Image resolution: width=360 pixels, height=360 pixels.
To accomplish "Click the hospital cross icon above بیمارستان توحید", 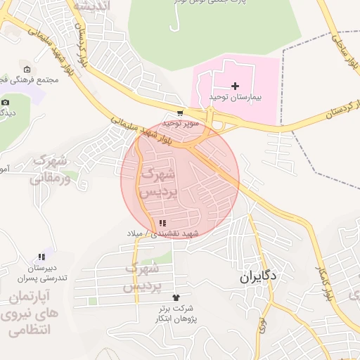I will [235, 85].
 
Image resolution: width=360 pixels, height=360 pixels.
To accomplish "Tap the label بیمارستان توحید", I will [235, 96].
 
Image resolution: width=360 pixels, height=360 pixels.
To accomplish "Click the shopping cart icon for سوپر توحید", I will [180, 113].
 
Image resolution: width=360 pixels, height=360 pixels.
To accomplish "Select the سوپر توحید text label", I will [181, 123].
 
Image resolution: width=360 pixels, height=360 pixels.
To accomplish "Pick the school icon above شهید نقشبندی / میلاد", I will [164, 223].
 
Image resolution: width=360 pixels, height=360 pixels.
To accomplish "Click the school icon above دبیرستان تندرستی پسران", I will [41, 257].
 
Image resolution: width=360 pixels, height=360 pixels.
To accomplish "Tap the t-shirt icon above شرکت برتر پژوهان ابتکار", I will [176, 297].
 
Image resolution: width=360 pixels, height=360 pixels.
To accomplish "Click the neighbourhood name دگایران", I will [260, 276].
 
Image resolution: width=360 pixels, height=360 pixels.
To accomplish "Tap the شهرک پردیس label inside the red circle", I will [157, 182].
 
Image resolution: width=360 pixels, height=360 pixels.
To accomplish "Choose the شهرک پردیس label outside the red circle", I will [143, 278].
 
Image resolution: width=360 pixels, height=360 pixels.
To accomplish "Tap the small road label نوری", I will [263, 323].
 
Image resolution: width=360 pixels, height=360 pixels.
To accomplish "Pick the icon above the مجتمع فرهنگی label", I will [27, 70].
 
